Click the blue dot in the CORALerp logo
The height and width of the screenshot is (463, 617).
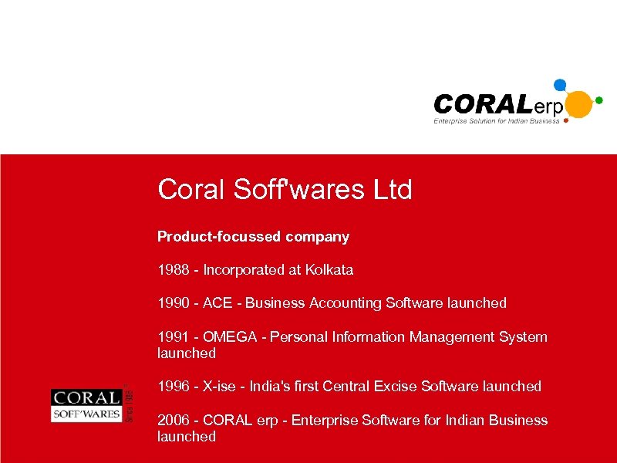(561, 85)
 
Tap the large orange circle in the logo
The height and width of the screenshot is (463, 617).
(578, 104)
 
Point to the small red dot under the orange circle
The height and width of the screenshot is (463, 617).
(567, 120)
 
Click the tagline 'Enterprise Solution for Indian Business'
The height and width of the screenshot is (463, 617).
(496, 120)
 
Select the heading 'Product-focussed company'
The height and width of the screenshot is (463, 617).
(253, 237)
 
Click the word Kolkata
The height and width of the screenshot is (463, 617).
(329, 270)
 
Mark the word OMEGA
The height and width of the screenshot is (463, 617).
(229, 336)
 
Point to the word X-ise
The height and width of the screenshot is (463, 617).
(219, 386)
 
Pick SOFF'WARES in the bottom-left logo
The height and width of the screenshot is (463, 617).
(86, 414)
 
